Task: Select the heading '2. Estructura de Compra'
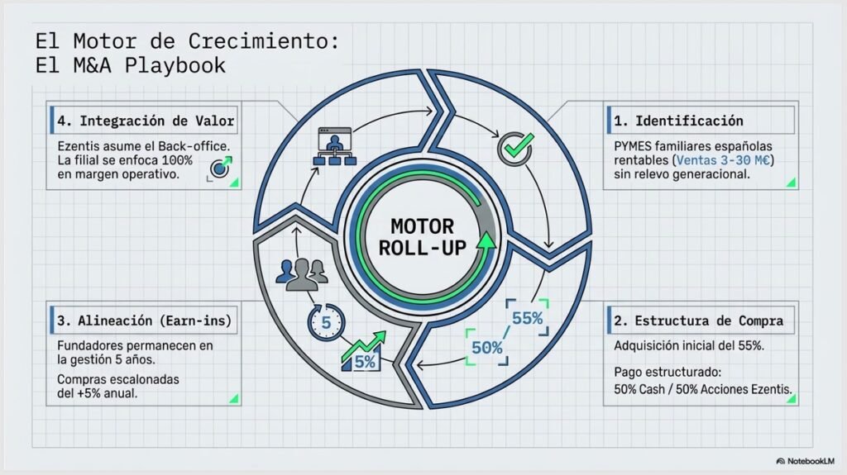click(x=698, y=321)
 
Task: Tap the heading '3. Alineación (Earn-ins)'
click(x=144, y=321)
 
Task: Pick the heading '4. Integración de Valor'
click(x=146, y=121)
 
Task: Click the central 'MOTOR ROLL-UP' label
click(x=423, y=237)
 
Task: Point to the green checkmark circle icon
click(x=515, y=149)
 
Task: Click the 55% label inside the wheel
click(x=527, y=318)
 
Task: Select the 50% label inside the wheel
click(x=486, y=348)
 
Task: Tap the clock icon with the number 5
click(x=326, y=322)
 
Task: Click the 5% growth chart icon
click(x=363, y=352)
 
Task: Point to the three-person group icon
click(x=301, y=275)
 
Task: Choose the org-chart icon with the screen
click(x=335, y=146)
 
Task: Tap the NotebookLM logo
click(x=805, y=461)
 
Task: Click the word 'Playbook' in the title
click(x=175, y=65)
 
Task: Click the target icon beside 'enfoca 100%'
click(x=220, y=168)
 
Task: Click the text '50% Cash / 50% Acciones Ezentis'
click(x=702, y=389)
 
